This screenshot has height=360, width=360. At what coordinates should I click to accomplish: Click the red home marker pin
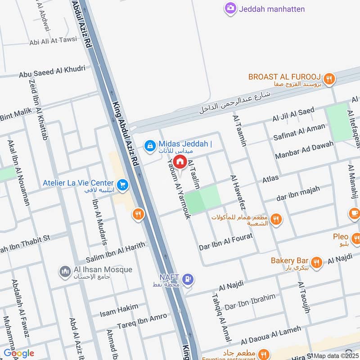180,162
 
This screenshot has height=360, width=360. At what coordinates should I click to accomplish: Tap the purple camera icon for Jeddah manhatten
231,9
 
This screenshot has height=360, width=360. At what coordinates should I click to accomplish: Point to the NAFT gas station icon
189,279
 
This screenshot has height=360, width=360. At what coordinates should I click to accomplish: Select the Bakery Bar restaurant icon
317,262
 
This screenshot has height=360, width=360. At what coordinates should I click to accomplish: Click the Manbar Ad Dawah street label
305,151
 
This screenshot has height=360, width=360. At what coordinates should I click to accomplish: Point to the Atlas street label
270,179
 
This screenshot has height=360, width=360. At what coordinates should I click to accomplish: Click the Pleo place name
341,237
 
